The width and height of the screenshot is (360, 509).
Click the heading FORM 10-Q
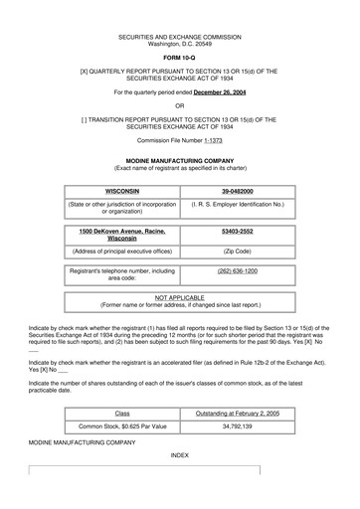click(180, 56)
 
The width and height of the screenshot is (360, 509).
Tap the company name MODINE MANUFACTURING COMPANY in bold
click(180, 159)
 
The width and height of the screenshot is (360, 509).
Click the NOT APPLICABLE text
click(180, 297)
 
